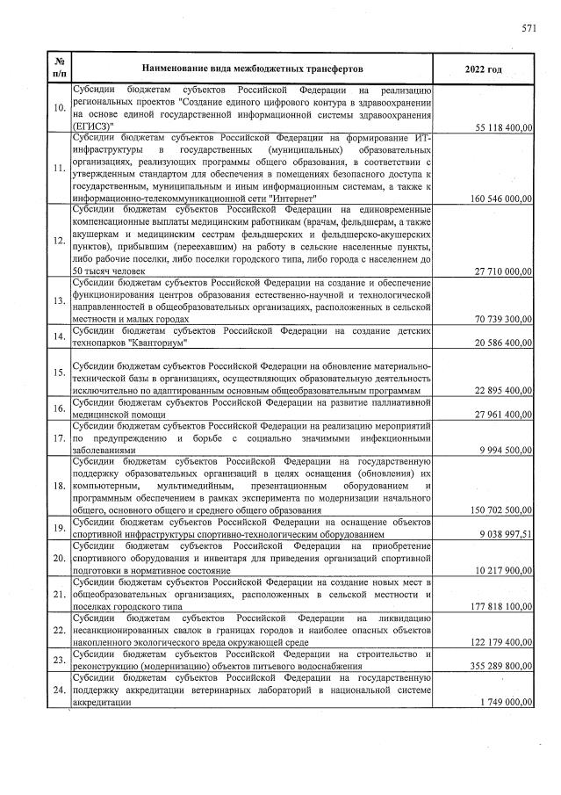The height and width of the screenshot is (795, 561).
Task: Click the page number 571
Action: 529,28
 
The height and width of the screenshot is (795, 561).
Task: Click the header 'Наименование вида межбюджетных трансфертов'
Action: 249,68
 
